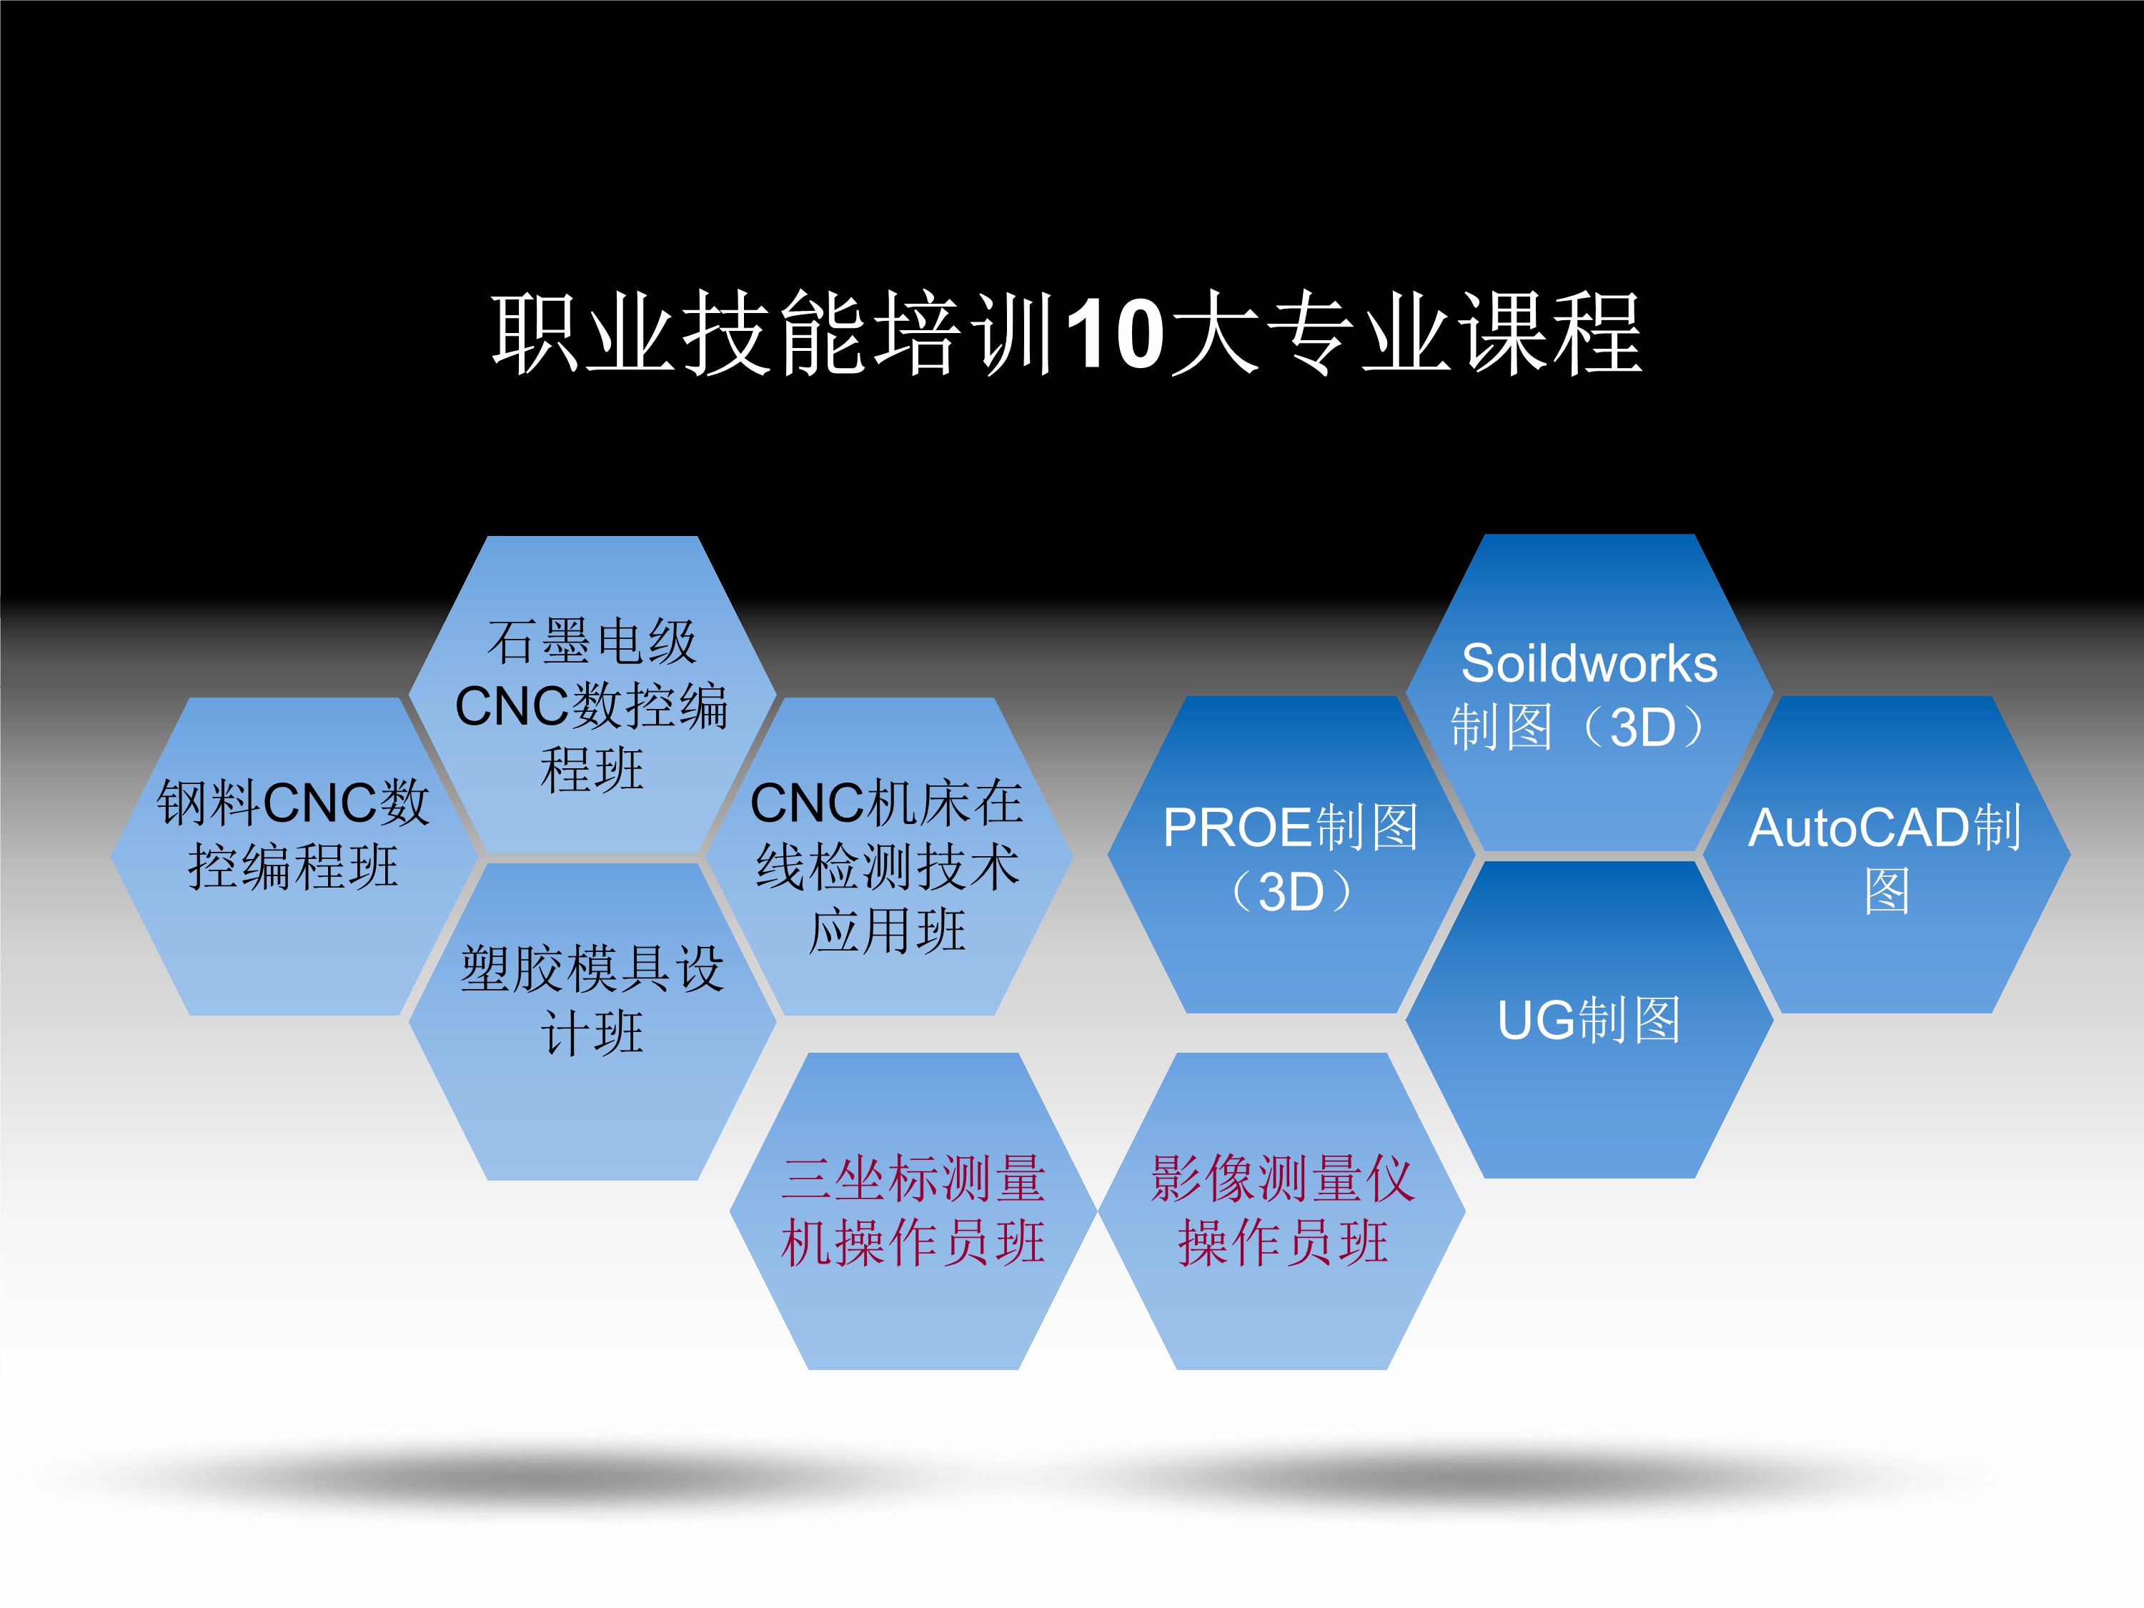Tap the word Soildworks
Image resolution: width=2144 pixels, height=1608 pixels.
1589,664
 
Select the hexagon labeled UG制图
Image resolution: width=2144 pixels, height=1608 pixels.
1589,1020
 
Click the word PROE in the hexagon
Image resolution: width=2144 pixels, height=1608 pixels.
1238,828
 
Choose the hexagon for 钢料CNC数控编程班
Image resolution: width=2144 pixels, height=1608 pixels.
294,856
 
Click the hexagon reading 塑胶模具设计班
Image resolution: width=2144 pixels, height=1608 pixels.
592,1021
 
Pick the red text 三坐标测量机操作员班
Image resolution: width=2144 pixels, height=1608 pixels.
913,1211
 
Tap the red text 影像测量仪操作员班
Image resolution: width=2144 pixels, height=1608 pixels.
1282,1211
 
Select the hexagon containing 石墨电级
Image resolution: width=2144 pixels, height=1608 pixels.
592,695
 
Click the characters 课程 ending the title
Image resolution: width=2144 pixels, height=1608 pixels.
1551,334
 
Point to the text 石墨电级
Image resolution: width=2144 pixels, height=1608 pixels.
592,642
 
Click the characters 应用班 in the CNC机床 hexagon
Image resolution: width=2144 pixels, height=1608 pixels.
888,930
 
